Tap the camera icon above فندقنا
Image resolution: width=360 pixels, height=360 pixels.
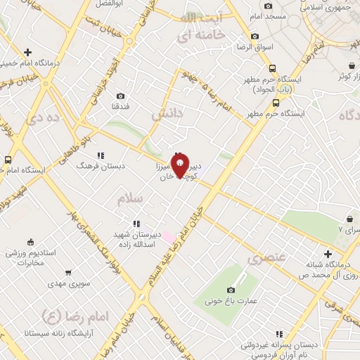[x=121, y=96]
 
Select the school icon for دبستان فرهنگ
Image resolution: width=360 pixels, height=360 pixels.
[x=101, y=155]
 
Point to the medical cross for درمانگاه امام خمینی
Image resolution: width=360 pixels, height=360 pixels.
[x=27, y=53]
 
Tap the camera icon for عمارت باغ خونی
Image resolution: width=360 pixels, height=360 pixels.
[x=231, y=290]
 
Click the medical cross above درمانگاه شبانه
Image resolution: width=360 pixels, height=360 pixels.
[x=328, y=254]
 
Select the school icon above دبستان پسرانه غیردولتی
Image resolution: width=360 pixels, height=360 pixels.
[x=278, y=335]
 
